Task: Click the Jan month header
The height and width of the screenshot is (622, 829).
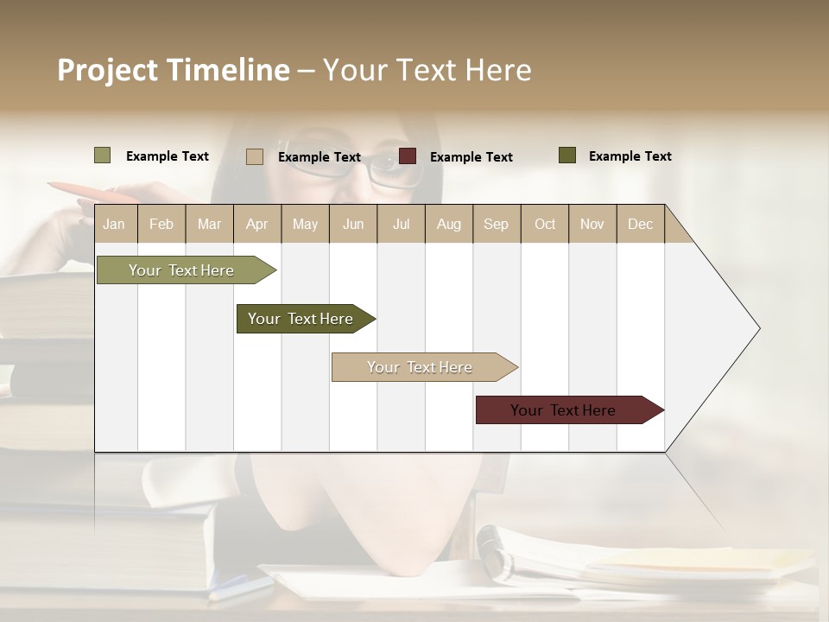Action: click(x=114, y=224)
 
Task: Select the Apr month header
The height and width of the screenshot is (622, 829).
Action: click(x=256, y=224)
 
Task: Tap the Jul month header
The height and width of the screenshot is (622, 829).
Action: click(x=401, y=224)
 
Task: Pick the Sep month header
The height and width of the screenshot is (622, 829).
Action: click(x=496, y=224)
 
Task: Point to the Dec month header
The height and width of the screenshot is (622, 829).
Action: click(x=640, y=224)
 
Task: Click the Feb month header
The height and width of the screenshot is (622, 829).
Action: click(x=161, y=224)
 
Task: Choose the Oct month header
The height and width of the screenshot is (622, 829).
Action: click(x=545, y=224)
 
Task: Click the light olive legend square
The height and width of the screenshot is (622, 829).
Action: click(x=103, y=155)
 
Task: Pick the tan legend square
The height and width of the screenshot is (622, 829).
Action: click(x=254, y=156)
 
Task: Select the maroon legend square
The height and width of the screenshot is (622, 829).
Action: click(x=408, y=156)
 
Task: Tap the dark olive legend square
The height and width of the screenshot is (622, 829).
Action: click(x=566, y=155)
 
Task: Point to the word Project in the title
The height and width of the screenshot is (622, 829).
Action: click(x=107, y=70)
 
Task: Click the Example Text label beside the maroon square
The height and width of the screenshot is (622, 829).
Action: click(x=471, y=157)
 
